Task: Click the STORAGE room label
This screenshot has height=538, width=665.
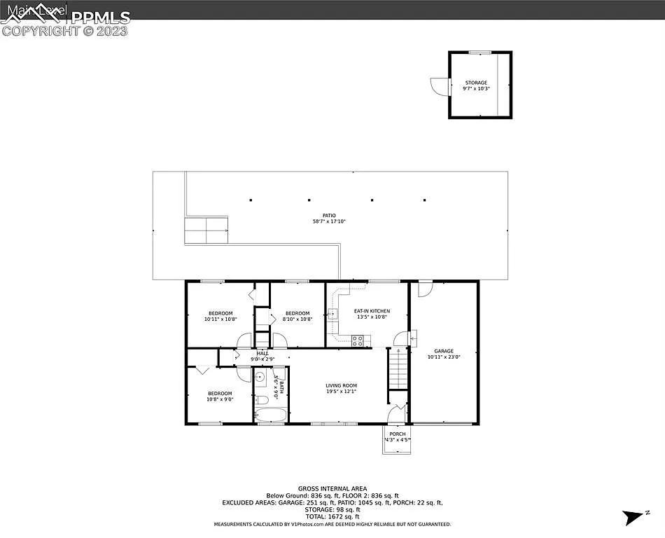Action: click(x=476, y=83)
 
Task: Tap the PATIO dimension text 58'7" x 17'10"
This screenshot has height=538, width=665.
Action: click(x=329, y=221)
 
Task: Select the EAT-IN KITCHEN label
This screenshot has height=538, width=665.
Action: click(x=372, y=311)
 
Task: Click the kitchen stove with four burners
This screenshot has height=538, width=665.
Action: click(x=357, y=341)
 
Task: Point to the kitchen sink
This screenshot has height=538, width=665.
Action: click(x=332, y=314)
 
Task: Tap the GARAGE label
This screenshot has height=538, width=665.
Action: click(x=444, y=351)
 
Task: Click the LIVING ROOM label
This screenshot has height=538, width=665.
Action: click(x=341, y=385)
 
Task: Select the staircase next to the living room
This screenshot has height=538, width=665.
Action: click(x=397, y=369)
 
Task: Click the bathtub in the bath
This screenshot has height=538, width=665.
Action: click(x=269, y=416)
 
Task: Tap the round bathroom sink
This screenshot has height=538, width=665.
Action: click(x=260, y=377)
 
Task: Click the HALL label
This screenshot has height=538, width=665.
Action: click(x=262, y=353)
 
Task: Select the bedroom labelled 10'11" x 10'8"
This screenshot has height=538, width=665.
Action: click(x=220, y=316)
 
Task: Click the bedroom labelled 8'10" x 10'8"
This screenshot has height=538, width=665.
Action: click(x=297, y=316)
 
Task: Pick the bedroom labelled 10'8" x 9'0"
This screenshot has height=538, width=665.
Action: click(x=219, y=396)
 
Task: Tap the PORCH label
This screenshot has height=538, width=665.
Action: click(x=397, y=434)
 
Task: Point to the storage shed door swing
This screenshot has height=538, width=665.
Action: click(x=437, y=86)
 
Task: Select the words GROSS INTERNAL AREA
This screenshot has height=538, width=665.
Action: click(x=332, y=489)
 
